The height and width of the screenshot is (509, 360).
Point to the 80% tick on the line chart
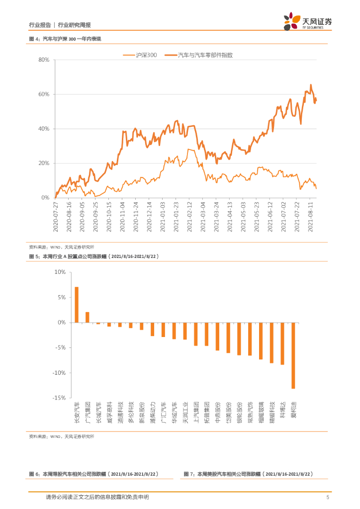(x=43, y=60)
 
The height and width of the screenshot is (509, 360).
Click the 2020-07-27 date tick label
(x=56, y=216)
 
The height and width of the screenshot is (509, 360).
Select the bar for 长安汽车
(x=77, y=305)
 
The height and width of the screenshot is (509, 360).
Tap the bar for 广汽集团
(x=88, y=317)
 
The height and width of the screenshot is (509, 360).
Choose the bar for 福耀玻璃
(x=261, y=340)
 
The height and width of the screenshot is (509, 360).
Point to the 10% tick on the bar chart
(x=60, y=272)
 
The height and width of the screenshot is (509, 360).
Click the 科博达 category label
(x=282, y=412)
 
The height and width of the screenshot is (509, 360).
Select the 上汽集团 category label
(x=196, y=412)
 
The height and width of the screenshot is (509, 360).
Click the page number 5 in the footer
(x=328, y=497)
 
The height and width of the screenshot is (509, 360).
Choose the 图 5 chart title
(x=94, y=256)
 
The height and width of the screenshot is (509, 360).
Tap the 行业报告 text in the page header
(x=40, y=25)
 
